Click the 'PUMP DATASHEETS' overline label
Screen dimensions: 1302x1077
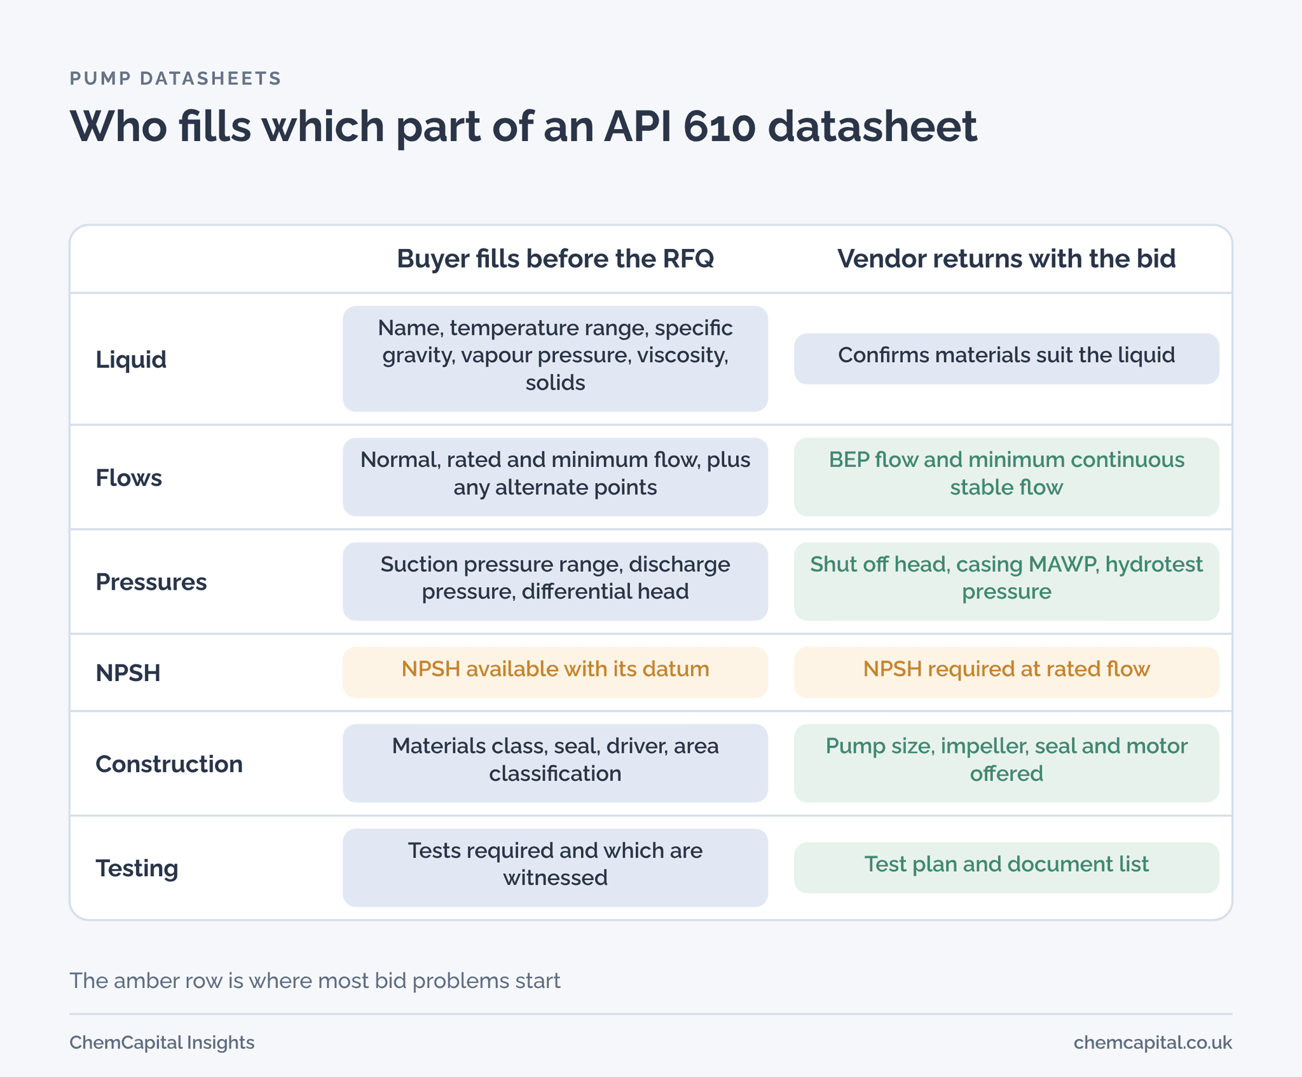coord(175,78)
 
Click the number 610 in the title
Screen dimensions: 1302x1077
coord(719,126)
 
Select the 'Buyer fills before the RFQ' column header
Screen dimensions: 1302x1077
coord(555,259)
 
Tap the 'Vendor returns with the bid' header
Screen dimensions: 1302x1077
coord(1006,259)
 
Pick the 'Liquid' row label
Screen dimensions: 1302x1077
coord(131,359)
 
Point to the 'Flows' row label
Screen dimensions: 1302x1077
coord(128,477)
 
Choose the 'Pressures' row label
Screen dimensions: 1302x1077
coord(151,581)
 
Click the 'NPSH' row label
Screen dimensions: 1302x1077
coord(128,672)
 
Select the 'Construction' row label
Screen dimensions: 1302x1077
coord(169,763)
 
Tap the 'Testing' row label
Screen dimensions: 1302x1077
coord(137,868)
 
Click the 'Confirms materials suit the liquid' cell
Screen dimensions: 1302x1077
coord(1006,358)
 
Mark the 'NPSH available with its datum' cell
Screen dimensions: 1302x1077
coord(555,672)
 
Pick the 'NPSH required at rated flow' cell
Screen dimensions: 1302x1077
coord(1006,672)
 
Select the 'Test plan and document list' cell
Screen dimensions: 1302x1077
coord(1006,867)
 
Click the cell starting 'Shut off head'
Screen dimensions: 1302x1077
coord(1006,581)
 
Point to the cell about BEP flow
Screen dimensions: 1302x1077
coord(1006,477)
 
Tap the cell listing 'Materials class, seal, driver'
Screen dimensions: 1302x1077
coord(555,763)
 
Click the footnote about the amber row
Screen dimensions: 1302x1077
coord(315,980)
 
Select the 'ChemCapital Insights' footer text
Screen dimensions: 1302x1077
coord(161,1043)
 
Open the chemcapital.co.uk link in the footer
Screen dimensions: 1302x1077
coord(1153,1043)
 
